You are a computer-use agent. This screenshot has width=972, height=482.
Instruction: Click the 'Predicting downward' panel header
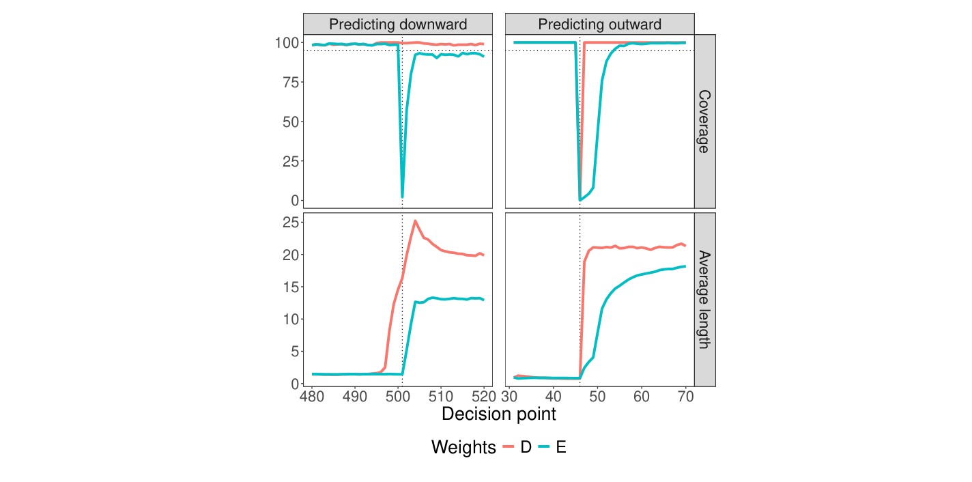(398, 25)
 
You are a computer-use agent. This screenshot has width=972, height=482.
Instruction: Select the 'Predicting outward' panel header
(599, 25)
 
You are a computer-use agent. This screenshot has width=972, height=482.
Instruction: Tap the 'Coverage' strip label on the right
(704, 121)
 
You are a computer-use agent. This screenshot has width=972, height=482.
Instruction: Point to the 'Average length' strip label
(704, 300)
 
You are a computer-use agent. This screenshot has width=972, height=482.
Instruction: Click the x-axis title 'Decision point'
(499, 414)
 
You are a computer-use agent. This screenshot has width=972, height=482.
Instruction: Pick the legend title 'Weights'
(463, 448)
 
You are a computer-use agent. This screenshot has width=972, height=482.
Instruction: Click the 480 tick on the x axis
(312, 396)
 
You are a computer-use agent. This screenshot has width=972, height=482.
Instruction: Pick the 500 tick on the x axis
(398, 396)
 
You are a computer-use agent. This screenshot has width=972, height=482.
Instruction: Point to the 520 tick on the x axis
(483, 396)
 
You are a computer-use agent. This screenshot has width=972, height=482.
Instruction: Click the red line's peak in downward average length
(415, 221)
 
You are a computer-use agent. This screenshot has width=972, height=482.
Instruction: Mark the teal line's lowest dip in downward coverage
(402, 197)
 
